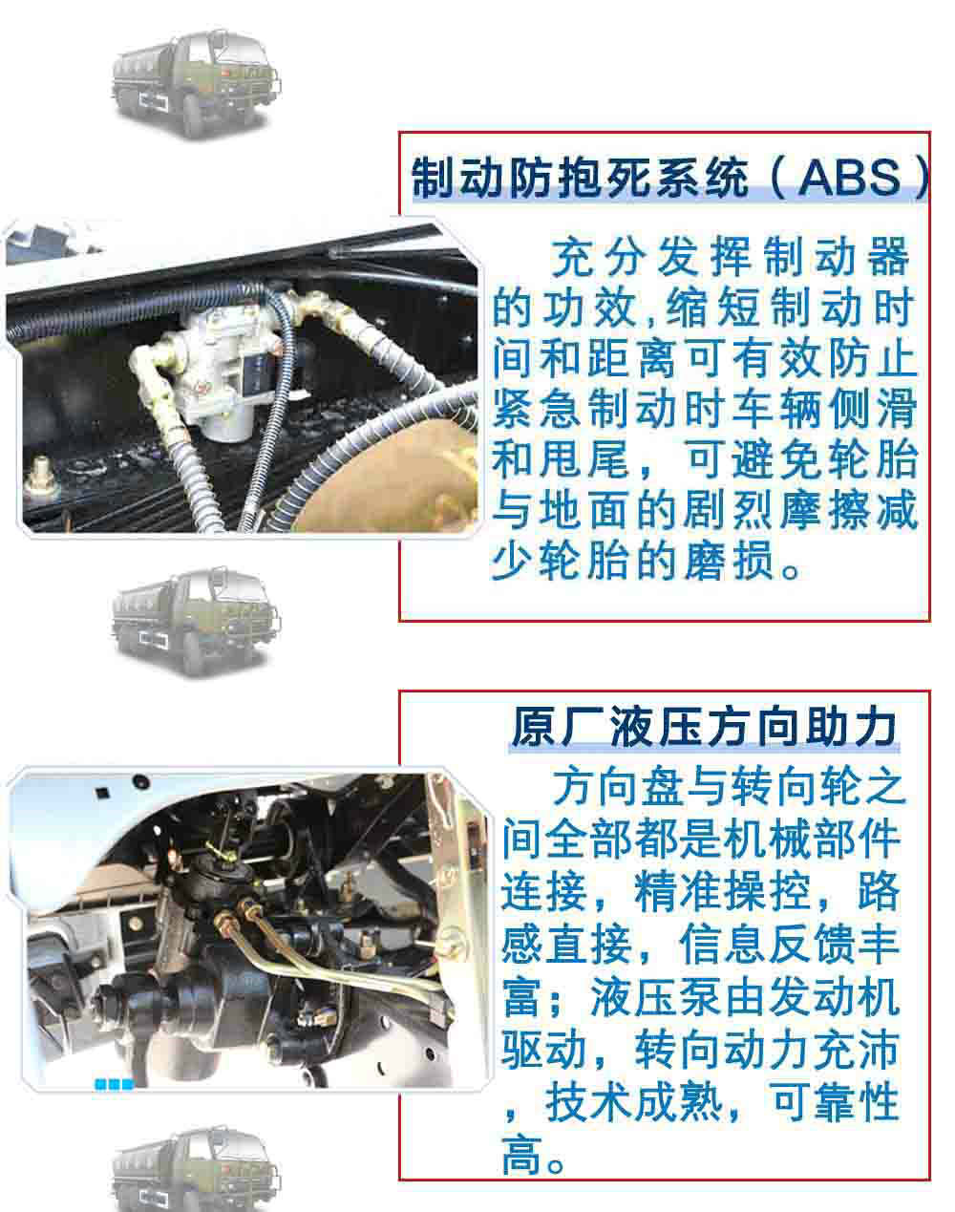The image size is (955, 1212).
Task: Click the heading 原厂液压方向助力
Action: point(704,727)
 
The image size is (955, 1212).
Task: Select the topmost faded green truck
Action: point(197,84)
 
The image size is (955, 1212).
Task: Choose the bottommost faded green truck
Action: point(197,1169)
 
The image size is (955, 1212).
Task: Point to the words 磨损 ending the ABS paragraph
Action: point(728,561)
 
